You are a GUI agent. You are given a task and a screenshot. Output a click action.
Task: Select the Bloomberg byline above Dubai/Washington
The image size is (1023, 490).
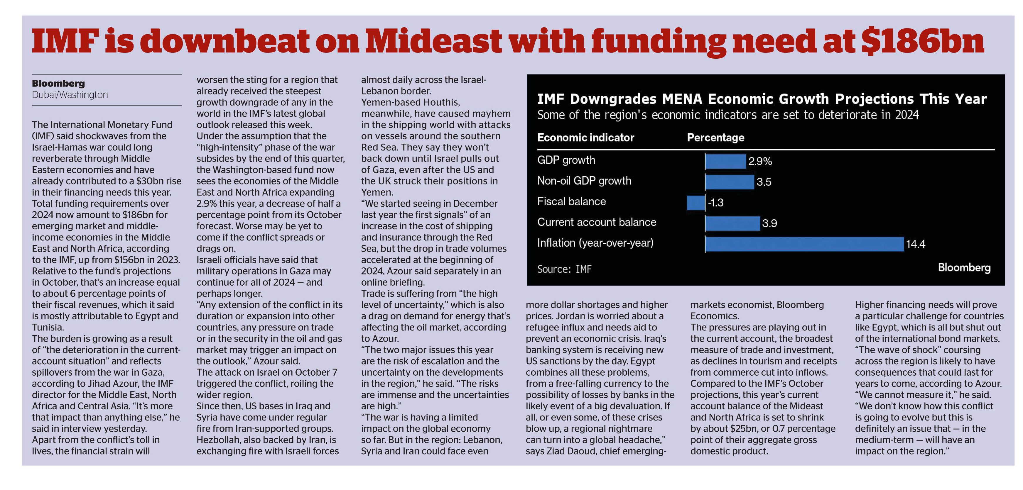(58, 83)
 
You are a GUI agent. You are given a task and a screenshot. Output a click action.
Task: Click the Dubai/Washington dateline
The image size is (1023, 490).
(70, 95)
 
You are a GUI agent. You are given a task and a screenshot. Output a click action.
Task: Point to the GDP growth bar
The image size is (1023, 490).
(725, 161)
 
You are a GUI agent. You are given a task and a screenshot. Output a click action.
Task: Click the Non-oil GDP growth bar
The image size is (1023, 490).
(730, 182)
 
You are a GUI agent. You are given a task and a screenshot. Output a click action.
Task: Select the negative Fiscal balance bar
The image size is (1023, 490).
(696, 202)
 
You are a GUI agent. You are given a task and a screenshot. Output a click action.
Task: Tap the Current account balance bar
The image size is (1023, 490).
(733, 223)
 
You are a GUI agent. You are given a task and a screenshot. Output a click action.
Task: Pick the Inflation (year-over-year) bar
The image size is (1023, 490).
(805, 244)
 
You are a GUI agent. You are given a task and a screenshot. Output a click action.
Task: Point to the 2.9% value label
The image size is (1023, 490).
(760, 162)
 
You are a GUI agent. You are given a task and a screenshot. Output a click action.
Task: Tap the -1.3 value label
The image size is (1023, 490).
(716, 203)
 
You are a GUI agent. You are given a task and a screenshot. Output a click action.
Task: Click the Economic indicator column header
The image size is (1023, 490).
(585, 138)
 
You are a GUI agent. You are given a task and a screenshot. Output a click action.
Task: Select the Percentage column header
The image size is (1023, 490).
(716, 138)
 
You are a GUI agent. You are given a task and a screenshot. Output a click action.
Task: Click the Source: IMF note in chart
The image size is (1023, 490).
(564, 269)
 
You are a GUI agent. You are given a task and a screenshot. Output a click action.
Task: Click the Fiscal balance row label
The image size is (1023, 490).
(571, 201)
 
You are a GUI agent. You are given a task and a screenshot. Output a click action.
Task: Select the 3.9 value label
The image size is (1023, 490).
(770, 223)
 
